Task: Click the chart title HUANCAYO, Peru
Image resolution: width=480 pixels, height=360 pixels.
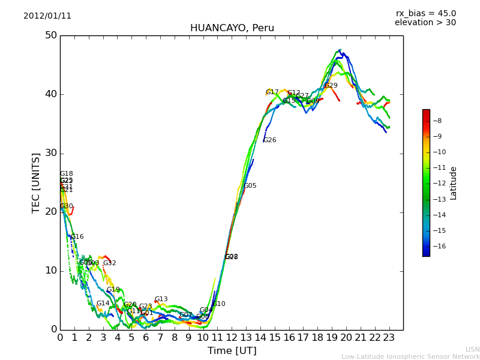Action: coord(232,28)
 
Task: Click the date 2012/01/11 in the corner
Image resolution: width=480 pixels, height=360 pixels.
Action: coord(47,16)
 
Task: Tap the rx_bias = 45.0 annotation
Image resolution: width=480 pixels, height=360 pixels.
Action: coord(425,14)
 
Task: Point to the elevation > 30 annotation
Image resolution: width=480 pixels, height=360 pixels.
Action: coord(425,23)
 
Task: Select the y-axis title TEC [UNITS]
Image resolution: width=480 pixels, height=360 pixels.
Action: coord(36,182)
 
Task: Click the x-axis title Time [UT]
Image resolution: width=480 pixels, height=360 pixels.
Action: coord(232,351)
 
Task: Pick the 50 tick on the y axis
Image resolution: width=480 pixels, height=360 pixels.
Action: coord(50,35)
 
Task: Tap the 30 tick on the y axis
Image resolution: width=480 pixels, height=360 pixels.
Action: coord(50,153)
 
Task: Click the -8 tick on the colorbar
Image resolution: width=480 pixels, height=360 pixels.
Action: coord(438,121)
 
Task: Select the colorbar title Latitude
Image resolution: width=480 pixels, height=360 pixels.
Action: coord(454,182)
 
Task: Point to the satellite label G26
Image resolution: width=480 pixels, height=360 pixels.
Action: coord(269,140)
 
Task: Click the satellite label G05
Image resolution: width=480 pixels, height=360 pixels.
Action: coord(250,186)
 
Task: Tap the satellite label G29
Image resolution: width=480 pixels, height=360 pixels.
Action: coord(331,86)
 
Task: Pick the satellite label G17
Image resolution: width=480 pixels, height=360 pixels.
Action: coord(272,92)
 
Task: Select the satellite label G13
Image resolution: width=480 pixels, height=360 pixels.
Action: coord(161,299)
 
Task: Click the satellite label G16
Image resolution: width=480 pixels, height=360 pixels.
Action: coord(77,237)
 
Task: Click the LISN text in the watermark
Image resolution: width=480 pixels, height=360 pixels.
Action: coord(472,349)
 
